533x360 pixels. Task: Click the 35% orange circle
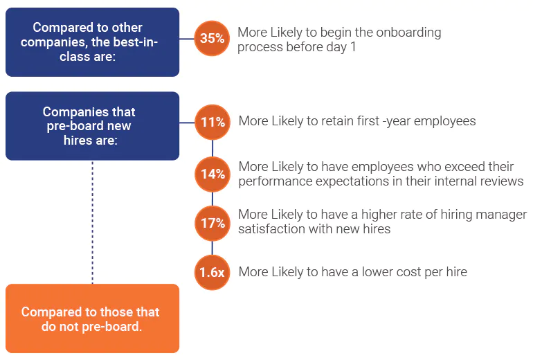click(212, 39)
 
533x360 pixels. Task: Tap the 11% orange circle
click(212, 123)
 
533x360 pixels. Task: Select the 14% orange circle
click(212, 173)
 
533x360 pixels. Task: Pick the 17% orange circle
click(212, 223)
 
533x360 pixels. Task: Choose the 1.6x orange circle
click(212, 272)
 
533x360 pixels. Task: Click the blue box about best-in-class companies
click(92, 42)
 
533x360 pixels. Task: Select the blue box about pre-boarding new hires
click(92, 126)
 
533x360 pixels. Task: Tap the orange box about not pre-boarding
click(92, 318)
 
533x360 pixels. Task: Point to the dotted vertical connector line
click(92, 222)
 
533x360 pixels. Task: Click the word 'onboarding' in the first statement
click(408, 33)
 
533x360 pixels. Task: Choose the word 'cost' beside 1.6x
click(386, 272)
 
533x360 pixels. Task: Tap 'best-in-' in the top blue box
click(134, 42)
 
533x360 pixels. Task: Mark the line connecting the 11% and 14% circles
click(212, 147)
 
